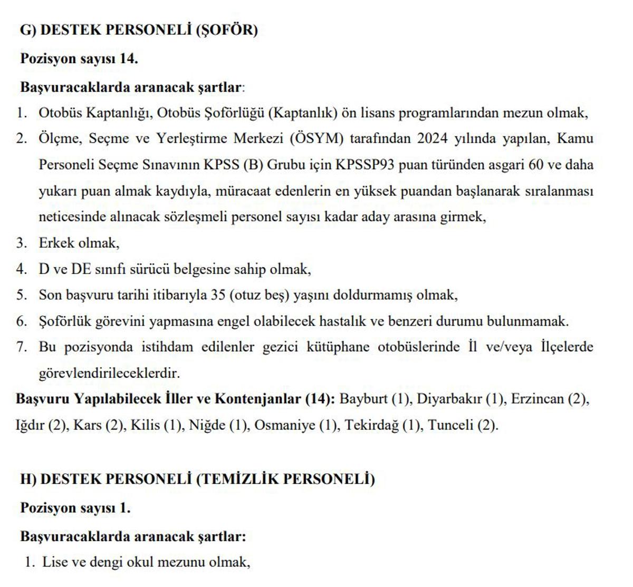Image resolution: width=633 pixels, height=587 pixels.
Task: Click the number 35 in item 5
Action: [218, 295]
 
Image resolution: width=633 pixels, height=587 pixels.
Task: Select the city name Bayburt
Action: [363, 398]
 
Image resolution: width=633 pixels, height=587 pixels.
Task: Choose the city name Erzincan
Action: [538, 398]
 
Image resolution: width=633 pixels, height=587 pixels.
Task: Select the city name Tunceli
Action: [450, 425]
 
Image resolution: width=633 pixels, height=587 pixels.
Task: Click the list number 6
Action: [21, 321]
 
